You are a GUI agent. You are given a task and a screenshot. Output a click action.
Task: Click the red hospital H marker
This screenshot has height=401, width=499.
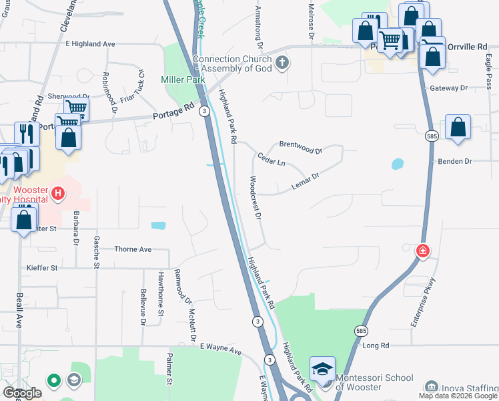coord(58,194)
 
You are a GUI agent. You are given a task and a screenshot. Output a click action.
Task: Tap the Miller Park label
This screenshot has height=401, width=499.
coord(183,80)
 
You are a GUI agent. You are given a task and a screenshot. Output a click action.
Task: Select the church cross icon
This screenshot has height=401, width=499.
coord(282,63)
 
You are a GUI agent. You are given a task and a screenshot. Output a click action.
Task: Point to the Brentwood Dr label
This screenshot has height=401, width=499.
coord(301,146)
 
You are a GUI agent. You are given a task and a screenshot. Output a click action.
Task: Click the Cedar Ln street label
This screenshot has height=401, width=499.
coord(272,159)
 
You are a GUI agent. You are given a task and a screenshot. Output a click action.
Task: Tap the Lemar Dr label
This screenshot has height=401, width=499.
coord(306,180)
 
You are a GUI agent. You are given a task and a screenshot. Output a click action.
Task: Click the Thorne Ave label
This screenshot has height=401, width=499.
coord(133,249)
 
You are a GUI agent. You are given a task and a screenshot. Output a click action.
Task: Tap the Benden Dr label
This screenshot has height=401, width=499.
coord(454,162)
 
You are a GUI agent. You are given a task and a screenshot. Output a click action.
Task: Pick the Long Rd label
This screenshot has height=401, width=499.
coord(376,346)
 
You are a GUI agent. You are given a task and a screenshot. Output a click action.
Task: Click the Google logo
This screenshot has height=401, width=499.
coord(21,393)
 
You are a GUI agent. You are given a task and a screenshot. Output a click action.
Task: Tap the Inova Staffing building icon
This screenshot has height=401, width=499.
coord(431,386)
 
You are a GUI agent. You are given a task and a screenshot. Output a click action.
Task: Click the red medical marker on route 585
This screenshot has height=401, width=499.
coord(422,251)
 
